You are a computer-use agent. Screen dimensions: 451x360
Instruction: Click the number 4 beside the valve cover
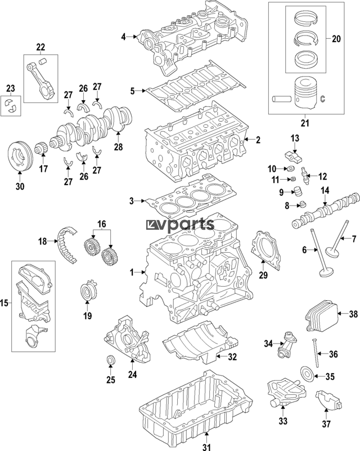click(123, 37)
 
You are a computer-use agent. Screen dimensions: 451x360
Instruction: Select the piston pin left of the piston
click(281, 99)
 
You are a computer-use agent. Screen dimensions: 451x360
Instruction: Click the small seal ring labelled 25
click(111, 361)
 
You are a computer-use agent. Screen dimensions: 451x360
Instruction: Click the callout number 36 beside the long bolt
click(333, 354)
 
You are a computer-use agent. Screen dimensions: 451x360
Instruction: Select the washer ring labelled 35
click(308, 373)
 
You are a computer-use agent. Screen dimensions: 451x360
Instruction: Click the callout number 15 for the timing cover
click(4, 303)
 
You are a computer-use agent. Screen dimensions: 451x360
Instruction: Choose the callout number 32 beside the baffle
click(232, 356)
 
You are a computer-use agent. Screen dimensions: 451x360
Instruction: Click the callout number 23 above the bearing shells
click(10, 88)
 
